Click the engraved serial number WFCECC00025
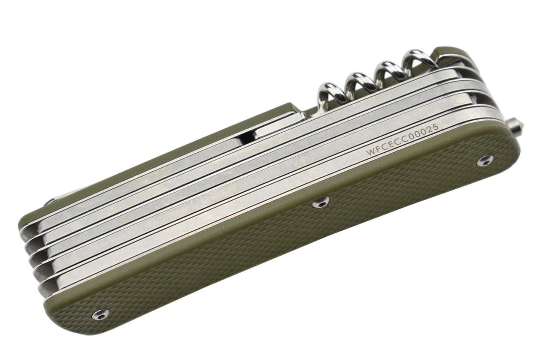(402, 139)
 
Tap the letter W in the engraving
(370, 152)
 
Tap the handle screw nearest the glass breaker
(485, 160)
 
